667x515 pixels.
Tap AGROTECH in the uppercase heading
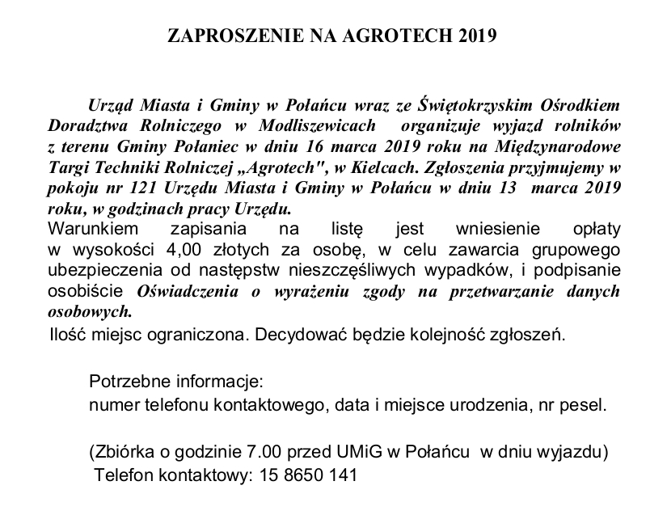pyautogui.click(x=386, y=37)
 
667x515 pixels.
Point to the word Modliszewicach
pyautogui.click(x=319, y=126)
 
